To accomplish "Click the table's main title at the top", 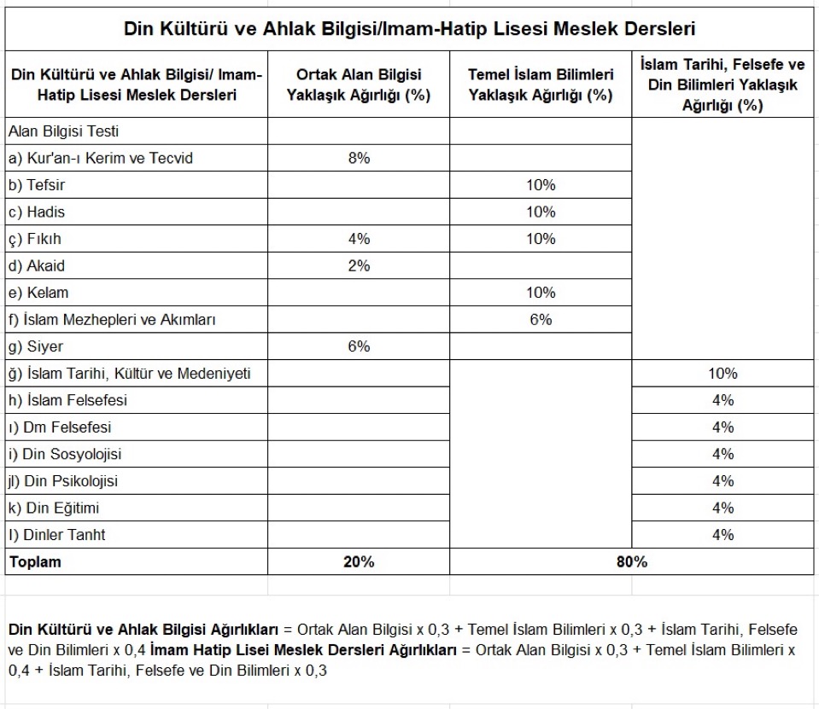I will click(410, 29).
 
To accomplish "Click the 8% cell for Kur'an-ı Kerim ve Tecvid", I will click(359, 158).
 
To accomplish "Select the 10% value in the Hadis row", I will click(541, 212).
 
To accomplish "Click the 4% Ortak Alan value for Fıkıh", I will click(359, 239).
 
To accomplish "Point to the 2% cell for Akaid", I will click(359, 265).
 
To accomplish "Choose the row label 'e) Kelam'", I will click(38, 293).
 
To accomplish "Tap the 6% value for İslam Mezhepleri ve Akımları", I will click(541, 319).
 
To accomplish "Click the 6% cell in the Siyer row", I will click(359, 346).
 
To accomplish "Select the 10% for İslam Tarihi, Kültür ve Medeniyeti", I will click(722, 373).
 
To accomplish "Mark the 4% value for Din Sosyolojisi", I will click(722, 454).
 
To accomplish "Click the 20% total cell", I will click(359, 562).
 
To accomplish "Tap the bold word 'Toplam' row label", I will click(35, 562).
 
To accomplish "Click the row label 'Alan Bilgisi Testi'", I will click(63, 131).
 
